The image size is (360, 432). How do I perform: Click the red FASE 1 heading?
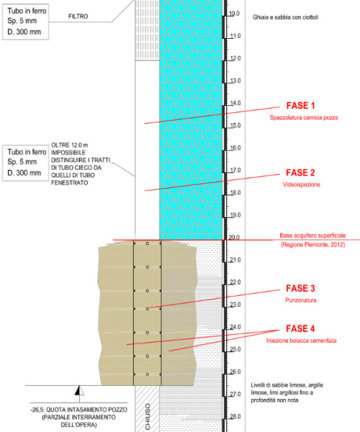point(300,106)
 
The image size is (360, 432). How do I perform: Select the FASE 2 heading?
point(300,173)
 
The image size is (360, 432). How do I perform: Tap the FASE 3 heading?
point(300,289)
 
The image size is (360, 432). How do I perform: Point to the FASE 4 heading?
point(300,329)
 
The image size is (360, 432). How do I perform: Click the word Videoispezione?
point(302,184)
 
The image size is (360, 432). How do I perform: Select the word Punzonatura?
point(301,300)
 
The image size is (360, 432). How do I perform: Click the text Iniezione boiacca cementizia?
point(302,341)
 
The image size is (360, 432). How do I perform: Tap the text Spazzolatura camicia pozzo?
point(304,117)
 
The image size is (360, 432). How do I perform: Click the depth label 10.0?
point(235,14)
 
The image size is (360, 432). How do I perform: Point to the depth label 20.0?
point(235,238)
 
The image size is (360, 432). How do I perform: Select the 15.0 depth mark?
point(235,125)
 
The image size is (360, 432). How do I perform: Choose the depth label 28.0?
point(235,417)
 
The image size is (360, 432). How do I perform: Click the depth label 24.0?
point(235,327)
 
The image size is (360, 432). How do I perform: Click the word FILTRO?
point(78,17)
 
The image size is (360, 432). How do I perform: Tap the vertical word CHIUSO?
point(148,417)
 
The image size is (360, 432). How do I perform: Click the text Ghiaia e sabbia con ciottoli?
point(285,17)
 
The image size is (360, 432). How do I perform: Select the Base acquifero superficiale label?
point(312,235)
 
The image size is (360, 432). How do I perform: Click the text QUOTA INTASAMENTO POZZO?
point(87,410)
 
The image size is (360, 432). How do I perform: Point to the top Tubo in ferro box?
point(26,22)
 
